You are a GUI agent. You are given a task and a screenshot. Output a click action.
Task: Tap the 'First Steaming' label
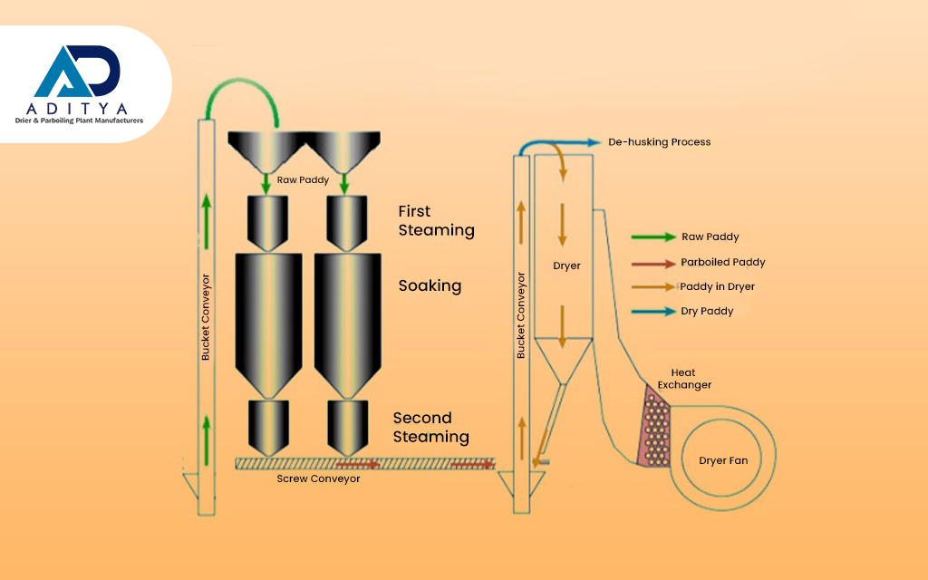[x=436, y=221]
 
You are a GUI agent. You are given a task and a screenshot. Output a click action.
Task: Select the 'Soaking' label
[x=430, y=285]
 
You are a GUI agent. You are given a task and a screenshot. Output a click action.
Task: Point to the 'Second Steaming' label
[x=430, y=427]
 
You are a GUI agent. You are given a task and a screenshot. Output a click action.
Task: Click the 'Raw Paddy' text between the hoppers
[x=304, y=179]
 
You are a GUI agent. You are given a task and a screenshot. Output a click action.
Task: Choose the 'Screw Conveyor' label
[x=318, y=478]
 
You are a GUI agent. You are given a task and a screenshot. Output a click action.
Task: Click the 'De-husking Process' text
[x=659, y=142]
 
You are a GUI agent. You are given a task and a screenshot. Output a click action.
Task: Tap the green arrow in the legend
[x=653, y=237]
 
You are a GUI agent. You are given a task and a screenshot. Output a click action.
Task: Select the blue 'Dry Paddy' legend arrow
[x=653, y=312]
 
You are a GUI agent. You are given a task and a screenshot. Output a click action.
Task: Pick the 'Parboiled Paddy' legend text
[x=723, y=263]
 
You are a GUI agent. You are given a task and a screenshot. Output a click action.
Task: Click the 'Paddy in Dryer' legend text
[x=717, y=287]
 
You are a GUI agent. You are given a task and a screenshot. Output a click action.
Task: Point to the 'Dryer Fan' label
[x=723, y=460]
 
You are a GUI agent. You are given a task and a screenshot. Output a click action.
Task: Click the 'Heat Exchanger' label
[x=684, y=379]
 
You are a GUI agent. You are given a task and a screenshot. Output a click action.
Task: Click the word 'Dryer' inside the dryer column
[x=565, y=266]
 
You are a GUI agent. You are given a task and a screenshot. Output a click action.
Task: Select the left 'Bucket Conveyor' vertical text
[x=206, y=317]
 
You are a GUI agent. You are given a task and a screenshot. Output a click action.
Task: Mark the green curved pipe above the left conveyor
[x=238, y=88]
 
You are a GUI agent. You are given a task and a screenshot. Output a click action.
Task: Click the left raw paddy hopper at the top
[x=266, y=149]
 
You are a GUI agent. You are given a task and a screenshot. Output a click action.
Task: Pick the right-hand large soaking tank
[x=346, y=317]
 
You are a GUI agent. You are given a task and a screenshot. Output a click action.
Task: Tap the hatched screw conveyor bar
[x=362, y=463]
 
